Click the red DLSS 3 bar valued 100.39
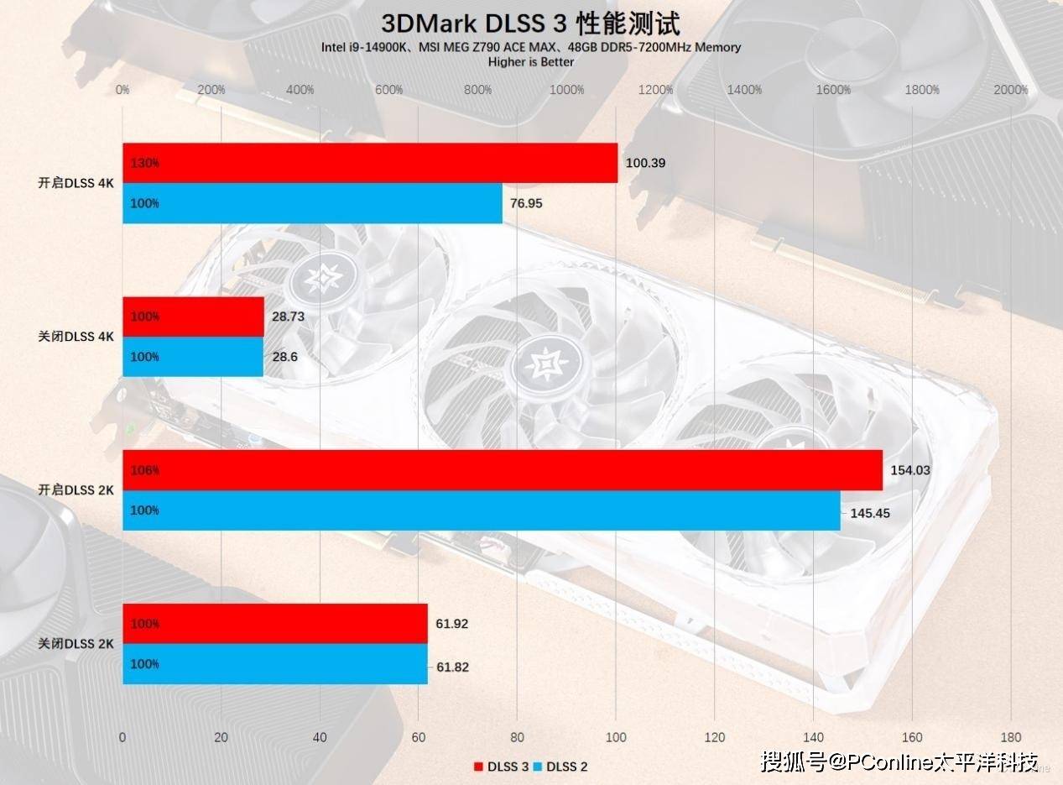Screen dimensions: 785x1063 (369, 163)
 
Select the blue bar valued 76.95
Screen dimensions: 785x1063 (312, 203)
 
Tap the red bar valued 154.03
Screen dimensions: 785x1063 (502, 470)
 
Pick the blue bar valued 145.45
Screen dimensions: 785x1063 (481, 510)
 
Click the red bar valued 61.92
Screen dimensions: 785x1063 (274, 624)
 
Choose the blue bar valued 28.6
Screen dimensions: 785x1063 (193, 357)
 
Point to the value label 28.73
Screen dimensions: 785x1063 (289, 317)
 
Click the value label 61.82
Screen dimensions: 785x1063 (452, 667)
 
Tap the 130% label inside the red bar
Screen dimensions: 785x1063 (144, 163)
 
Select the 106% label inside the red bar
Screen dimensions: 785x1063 (144, 470)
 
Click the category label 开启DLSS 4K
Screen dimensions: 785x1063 (76, 183)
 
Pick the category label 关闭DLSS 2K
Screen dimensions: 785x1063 (76, 644)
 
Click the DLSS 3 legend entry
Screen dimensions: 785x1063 (501, 766)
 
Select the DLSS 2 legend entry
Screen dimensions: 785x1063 (560, 766)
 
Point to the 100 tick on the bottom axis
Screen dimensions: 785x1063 (616, 737)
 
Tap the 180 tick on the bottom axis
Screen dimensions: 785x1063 (1011, 737)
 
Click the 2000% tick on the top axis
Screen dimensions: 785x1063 (1010, 90)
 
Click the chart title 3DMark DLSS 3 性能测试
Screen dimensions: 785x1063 (530, 22)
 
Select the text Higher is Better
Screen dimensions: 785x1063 (531, 61)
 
